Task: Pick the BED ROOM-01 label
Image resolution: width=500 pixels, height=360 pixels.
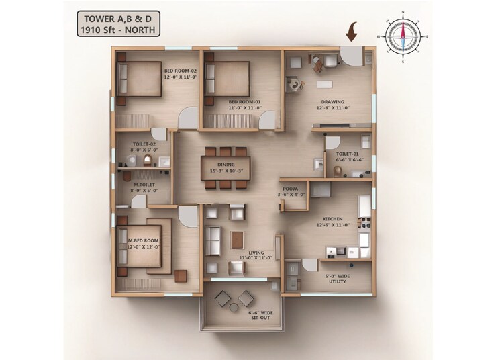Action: (x=243, y=102)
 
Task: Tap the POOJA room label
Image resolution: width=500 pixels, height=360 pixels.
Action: (x=293, y=191)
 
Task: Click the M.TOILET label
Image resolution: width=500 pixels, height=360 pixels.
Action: (x=145, y=186)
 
